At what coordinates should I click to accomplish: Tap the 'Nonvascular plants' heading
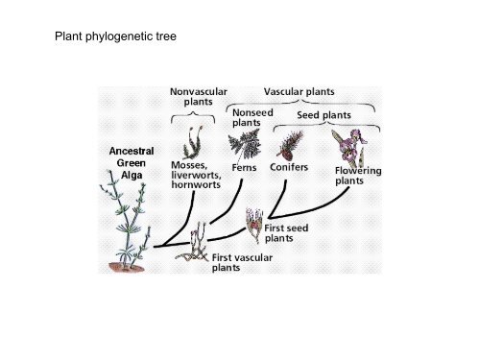click(198, 96)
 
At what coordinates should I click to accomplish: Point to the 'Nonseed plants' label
click(252, 117)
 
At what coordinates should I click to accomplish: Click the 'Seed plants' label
click(324, 115)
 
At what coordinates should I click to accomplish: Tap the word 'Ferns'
click(244, 167)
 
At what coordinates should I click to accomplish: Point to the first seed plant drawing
click(255, 223)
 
